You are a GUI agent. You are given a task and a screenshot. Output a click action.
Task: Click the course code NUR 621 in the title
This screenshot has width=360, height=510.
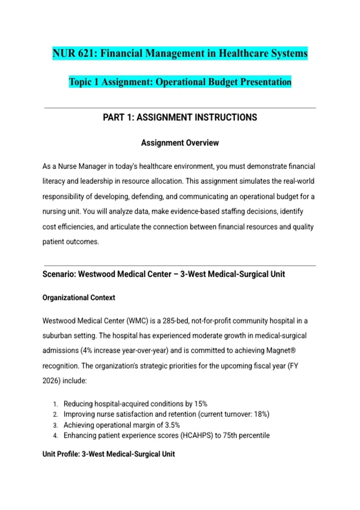pos(75,53)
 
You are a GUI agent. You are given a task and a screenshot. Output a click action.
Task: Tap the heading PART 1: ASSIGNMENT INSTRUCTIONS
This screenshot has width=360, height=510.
pos(180,117)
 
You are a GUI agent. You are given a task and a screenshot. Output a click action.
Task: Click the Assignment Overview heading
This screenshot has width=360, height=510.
pos(180,143)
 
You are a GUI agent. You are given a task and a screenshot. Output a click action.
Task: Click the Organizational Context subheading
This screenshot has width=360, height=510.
pos(79,298)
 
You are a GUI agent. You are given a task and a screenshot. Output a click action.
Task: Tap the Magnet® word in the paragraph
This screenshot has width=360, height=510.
pos(281,350)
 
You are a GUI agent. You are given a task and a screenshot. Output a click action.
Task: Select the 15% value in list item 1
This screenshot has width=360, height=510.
pos(201,404)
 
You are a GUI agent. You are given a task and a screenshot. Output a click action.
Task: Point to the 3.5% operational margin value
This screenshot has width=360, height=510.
pos(172,425)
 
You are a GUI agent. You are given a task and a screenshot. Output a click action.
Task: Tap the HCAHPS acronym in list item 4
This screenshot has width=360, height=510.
pos(196,435)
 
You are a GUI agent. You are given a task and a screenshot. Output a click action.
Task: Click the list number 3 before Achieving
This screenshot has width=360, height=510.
pos(55,425)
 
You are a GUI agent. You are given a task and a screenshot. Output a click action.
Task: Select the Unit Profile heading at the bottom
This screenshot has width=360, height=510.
pos(109,454)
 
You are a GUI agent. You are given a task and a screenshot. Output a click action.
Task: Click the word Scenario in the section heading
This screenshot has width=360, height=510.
pos(59,274)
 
